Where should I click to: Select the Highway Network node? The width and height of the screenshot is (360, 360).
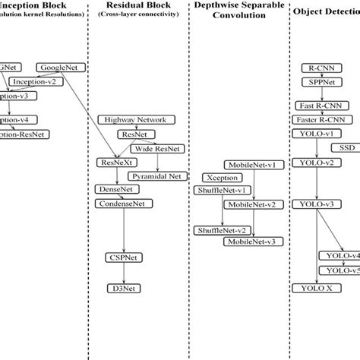pos(137,119)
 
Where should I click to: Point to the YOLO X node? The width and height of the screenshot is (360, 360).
pos(317,288)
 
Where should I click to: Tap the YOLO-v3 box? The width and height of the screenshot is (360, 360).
pos(317,204)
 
